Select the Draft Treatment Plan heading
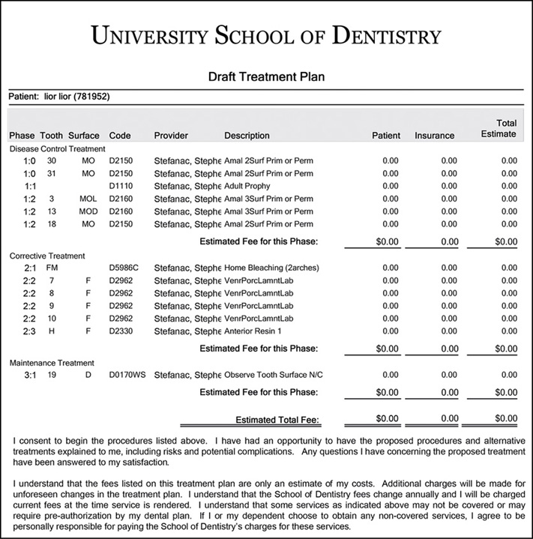266,76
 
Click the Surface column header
83,136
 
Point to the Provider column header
171,136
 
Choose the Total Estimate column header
498,128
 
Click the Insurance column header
434,136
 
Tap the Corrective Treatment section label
47,256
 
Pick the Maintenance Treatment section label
52,363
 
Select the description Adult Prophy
248,185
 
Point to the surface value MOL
88,198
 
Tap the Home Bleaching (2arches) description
269,267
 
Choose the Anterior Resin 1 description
253,331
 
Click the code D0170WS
127,374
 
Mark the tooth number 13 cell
51,211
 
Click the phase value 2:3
29,331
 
